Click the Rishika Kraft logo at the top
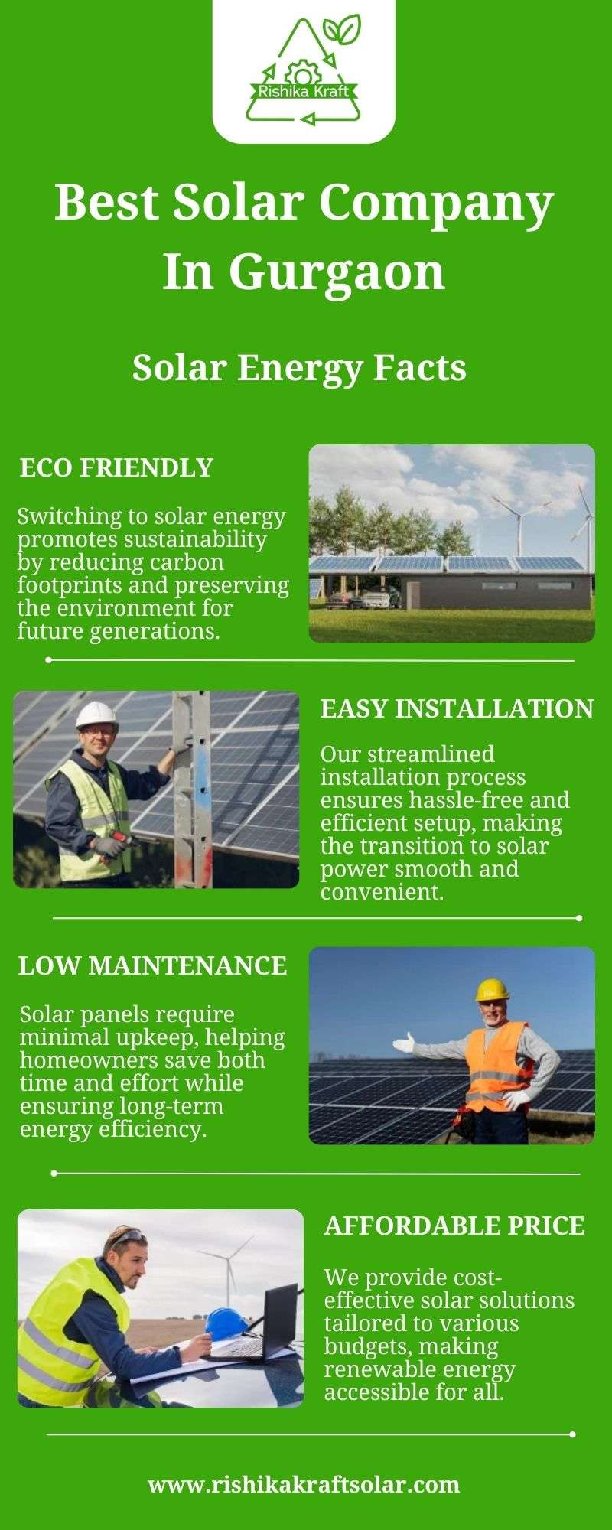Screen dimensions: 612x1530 point(304,70)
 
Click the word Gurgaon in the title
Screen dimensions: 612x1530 point(337,272)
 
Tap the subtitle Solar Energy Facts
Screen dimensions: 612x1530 point(299,368)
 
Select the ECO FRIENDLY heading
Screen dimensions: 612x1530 point(116,467)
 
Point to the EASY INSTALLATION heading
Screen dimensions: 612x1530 point(457,708)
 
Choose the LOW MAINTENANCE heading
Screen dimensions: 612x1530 point(152,965)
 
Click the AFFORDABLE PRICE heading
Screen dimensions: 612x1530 point(454,1226)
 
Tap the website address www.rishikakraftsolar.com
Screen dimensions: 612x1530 point(304,1485)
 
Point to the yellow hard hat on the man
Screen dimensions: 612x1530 point(492,989)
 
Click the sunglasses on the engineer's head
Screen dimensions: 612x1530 point(127,1236)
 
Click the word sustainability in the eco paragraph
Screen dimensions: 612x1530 point(195,539)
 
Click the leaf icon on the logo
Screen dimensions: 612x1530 point(342,29)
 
